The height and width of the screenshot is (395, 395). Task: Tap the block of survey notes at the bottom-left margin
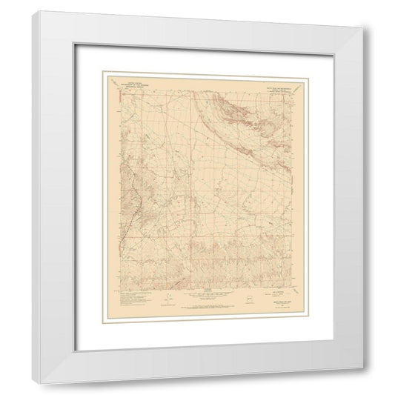point(136,298)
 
